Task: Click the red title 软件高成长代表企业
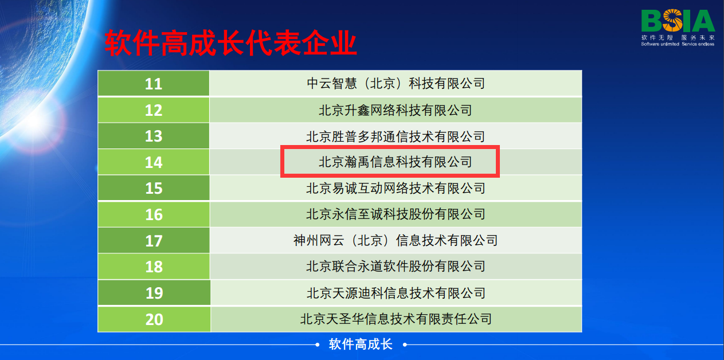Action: [230, 43]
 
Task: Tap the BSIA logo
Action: [678, 21]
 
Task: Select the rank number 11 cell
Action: [154, 84]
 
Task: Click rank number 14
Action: [154, 162]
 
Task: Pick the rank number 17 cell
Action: [154, 241]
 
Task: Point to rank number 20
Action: [154, 319]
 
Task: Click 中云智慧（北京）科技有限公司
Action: [396, 83]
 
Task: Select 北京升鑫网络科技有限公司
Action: [396, 110]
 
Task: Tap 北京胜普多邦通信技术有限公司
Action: [396, 136]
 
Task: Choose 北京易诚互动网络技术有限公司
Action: [396, 188]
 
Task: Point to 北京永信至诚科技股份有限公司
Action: [396, 214]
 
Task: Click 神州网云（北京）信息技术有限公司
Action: [396, 240]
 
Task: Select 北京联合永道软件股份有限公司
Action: [396, 267]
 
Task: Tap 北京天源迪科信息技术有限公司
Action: [396, 293]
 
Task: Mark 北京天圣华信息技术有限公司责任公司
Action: [396, 319]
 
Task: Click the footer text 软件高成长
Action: [361, 344]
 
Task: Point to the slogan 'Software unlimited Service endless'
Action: [678, 44]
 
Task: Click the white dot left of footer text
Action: [318, 345]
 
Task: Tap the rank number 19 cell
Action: [154, 293]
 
